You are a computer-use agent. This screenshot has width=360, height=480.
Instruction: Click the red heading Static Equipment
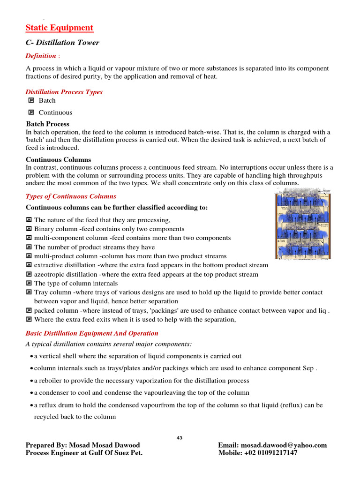(60, 28)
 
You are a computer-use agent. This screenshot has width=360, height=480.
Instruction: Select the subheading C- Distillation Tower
(62, 43)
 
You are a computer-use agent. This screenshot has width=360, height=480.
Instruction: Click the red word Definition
(41, 56)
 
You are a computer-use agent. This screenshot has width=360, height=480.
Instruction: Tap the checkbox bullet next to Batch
(31, 100)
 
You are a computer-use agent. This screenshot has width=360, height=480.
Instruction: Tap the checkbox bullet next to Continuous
(31, 112)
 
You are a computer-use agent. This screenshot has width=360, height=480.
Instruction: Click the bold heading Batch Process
(47, 124)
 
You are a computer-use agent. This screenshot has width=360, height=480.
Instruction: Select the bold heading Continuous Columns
(59, 160)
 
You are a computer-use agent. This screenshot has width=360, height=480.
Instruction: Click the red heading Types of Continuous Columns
(71, 196)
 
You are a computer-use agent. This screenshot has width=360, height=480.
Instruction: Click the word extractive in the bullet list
(49, 265)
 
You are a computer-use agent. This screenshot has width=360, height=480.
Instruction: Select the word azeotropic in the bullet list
(51, 274)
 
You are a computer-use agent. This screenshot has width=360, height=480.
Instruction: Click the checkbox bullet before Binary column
(29, 229)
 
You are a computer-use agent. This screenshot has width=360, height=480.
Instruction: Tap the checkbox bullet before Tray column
(29, 292)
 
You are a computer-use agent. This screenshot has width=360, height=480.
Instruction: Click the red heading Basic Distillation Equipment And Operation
(92, 333)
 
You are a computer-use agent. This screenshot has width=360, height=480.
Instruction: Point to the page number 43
(180, 438)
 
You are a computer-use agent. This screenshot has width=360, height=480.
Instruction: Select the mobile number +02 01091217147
(270, 453)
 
